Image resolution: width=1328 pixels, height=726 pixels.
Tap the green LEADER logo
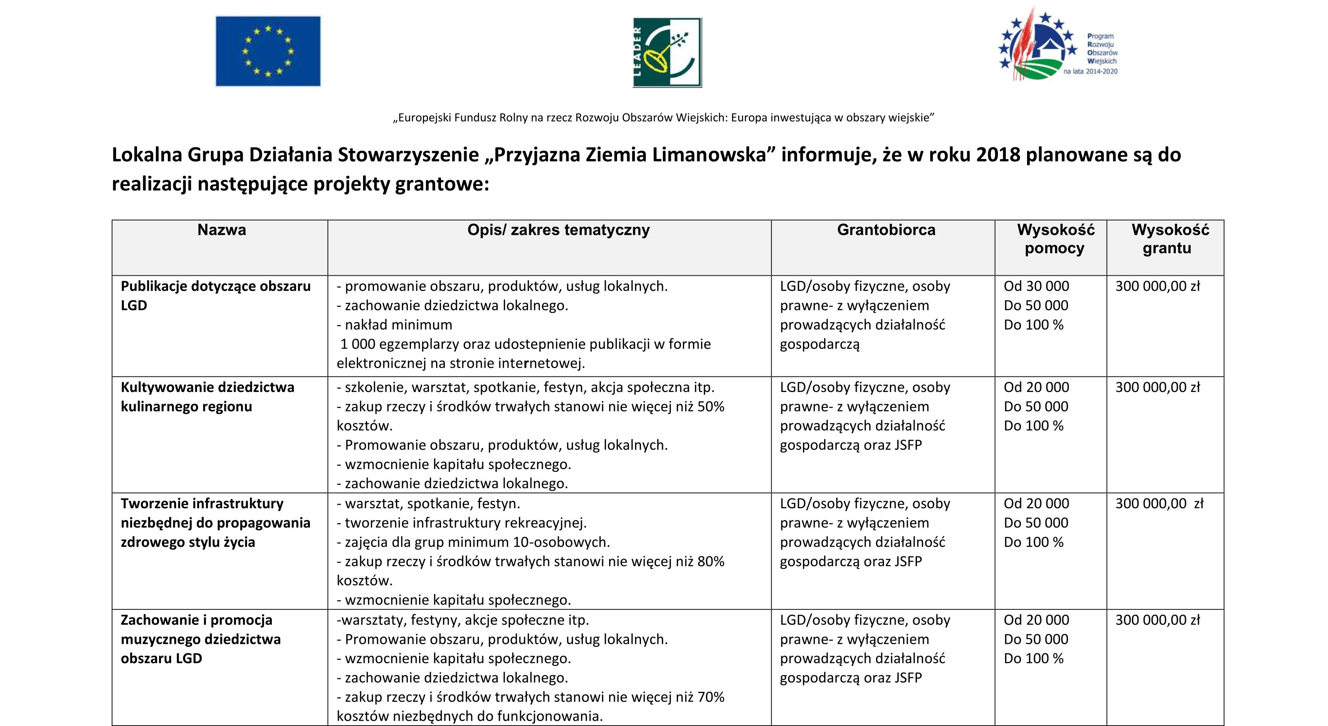(x=667, y=53)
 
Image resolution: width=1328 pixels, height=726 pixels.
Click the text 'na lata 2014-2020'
(x=1090, y=72)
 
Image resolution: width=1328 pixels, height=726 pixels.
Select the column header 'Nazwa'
(x=222, y=230)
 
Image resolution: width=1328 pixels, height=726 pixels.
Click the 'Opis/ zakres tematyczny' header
(x=558, y=230)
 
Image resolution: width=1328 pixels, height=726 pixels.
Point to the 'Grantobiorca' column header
(x=886, y=230)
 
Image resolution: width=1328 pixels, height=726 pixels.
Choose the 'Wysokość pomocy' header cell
(x=1055, y=239)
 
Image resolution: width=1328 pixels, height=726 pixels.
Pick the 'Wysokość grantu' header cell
(x=1169, y=239)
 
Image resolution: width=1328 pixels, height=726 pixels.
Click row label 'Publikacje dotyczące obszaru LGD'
(x=215, y=295)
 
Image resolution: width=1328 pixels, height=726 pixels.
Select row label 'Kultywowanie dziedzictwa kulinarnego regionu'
(x=207, y=397)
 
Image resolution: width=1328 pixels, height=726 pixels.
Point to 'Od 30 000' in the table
(x=1036, y=286)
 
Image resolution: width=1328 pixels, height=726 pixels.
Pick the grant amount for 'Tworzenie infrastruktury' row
(x=1159, y=504)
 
